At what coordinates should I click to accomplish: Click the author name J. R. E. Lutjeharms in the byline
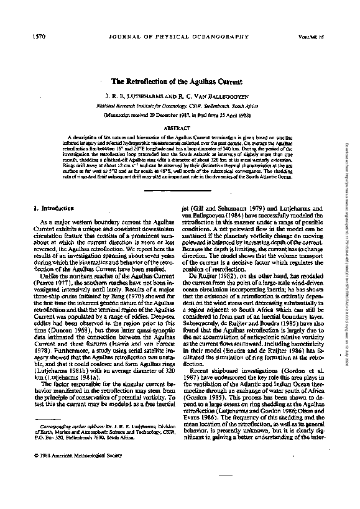tap(141, 98)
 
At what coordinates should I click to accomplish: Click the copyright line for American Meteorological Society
tap(71, 454)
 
